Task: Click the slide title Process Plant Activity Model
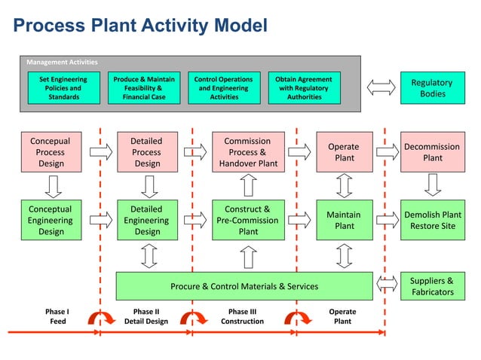[x=141, y=26]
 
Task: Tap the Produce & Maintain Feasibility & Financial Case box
[x=144, y=88]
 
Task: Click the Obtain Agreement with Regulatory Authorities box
[x=304, y=88]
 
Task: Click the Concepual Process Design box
[x=51, y=152]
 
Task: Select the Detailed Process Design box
[x=146, y=152]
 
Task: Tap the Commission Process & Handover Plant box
[x=248, y=152]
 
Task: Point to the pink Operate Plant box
[x=345, y=152]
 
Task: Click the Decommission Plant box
[x=432, y=152]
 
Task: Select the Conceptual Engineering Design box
[x=51, y=220]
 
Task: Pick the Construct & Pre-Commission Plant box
[x=248, y=220]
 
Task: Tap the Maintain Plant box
[x=345, y=220]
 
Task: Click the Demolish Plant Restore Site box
[x=432, y=220]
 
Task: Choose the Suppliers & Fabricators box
[x=432, y=285]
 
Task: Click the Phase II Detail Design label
[x=146, y=316]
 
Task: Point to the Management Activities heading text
[x=62, y=62]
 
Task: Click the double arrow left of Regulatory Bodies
[x=381, y=88]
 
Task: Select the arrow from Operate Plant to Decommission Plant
[x=387, y=152]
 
